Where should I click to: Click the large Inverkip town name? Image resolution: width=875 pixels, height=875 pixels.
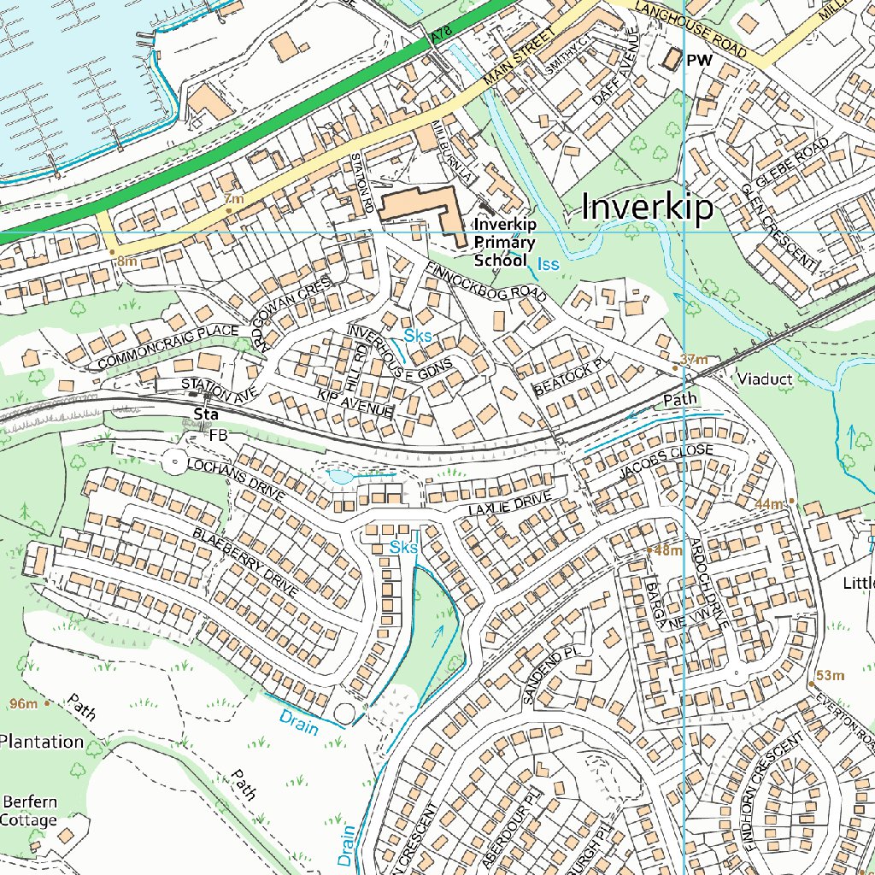[x=647, y=208]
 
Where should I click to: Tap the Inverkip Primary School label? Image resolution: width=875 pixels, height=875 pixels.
[x=504, y=243]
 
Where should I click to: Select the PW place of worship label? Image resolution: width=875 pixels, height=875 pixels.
[x=699, y=61]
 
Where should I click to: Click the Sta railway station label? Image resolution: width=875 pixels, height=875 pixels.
[x=203, y=415]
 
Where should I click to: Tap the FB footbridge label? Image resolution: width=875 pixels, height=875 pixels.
[x=219, y=435]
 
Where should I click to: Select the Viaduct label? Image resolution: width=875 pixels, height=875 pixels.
[x=766, y=378]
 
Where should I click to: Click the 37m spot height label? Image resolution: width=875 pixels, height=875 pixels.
[x=694, y=360]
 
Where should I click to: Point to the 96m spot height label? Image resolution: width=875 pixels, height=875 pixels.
[x=24, y=704]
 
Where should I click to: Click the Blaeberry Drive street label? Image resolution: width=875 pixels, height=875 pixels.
[x=245, y=561]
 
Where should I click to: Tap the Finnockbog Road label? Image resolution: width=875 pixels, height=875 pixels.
[x=484, y=281]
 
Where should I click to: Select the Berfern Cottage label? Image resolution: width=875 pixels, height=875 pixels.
[x=30, y=811]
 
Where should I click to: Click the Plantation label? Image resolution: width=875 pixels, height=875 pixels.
[x=41, y=741]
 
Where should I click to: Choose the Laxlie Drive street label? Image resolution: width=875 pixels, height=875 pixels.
[x=505, y=504]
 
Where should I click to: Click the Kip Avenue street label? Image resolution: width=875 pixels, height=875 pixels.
[x=355, y=404]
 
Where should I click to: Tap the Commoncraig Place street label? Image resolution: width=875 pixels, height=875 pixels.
[x=167, y=347]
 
